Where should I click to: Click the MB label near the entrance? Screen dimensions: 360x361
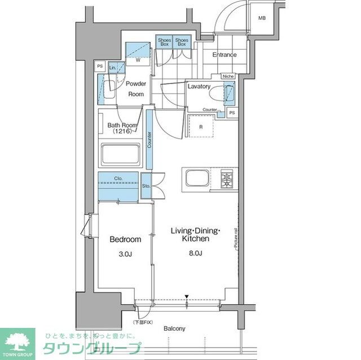pyautogui.click(x=262, y=19)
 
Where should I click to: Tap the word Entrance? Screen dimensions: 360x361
pyautogui.click(x=224, y=55)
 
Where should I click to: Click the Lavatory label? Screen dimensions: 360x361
pyautogui.click(x=199, y=87)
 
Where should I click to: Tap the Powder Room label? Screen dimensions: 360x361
pyautogui.click(x=135, y=89)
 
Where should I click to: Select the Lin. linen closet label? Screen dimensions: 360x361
pyautogui.click(x=113, y=67)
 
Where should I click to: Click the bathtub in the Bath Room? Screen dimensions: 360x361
pyautogui.click(x=120, y=154)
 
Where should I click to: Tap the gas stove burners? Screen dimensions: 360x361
pyautogui.click(x=227, y=179)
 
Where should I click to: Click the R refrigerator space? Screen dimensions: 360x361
pyautogui.click(x=201, y=126)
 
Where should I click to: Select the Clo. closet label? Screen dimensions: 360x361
pyautogui.click(x=118, y=179)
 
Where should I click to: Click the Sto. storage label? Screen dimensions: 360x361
pyautogui.click(x=146, y=184)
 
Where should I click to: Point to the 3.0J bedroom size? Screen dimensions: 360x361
pyautogui.click(x=125, y=255)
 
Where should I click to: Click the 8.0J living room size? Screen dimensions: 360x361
pyautogui.click(x=196, y=255)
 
